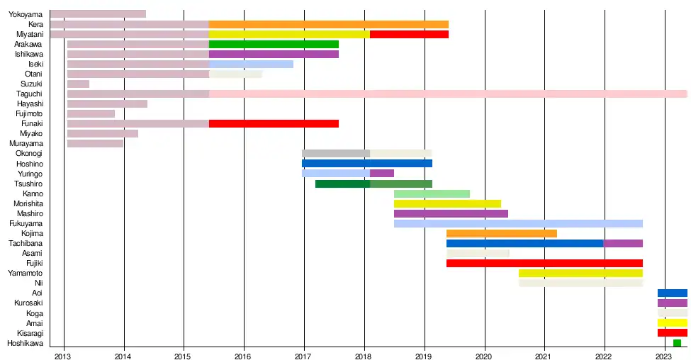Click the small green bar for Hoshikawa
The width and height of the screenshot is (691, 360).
click(x=677, y=343)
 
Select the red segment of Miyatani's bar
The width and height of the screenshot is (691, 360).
click(x=409, y=34)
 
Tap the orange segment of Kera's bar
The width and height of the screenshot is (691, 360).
click(x=328, y=24)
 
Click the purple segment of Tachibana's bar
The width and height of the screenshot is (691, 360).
click(x=623, y=243)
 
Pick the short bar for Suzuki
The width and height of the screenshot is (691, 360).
click(x=78, y=84)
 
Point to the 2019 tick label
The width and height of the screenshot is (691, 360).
click(x=425, y=354)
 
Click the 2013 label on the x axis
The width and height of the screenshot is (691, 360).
click(x=63, y=354)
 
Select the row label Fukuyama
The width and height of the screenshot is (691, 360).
click(x=26, y=223)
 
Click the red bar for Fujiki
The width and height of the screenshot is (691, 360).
click(x=544, y=263)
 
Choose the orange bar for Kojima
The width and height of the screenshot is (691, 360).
click(x=501, y=233)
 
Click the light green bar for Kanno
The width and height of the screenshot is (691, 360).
click(x=432, y=193)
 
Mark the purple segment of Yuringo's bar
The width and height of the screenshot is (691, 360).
click(x=381, y=173)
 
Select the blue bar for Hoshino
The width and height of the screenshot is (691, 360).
click(x=366, y=163)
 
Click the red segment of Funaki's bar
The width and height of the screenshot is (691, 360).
click(x=274, y=123)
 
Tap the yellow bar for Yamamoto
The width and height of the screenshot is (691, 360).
click(x=580, y=273)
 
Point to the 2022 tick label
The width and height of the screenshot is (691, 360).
click(x=605, y=354)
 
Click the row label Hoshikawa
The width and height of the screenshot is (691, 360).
click(x=25, y=343)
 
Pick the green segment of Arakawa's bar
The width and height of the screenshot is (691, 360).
click(x=274, y=44)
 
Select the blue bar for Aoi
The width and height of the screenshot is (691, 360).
click(x=672, y=293)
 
